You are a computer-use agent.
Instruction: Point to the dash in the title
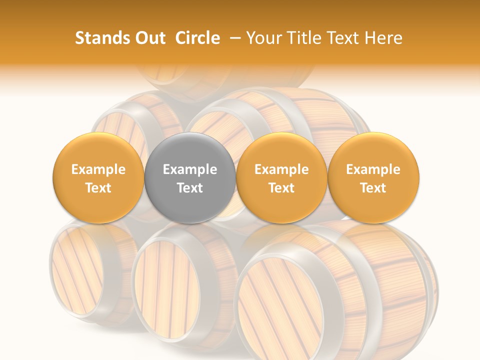235,38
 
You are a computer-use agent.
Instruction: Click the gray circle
190,178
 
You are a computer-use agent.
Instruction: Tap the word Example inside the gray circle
190,169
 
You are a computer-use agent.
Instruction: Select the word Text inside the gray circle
190,187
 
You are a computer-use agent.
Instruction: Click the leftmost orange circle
98,178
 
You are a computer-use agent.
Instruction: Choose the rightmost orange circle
373,178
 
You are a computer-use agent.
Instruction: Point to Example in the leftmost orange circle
98,169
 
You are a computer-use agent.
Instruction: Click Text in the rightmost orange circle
373,187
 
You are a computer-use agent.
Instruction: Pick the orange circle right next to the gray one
281,178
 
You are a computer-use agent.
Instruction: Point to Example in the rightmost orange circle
373,169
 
